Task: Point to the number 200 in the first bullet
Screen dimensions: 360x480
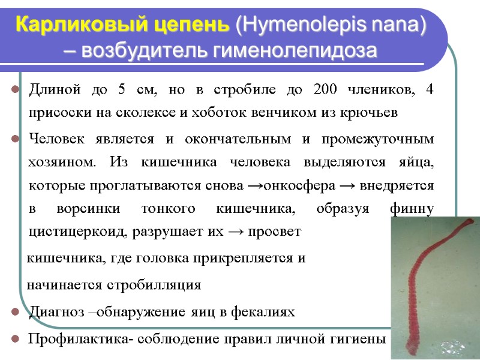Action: (x=325, y=91)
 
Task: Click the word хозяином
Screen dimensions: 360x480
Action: (x=62, y=163)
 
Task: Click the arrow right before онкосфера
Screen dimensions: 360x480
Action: (x=254, y=185)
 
